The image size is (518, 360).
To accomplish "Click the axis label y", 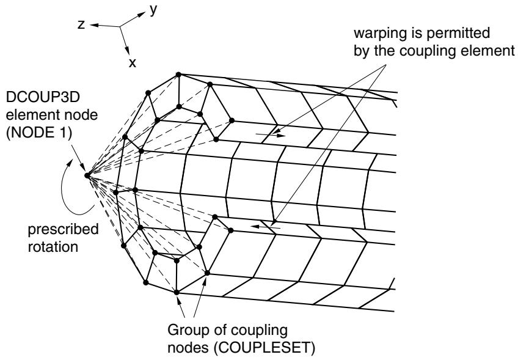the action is click(153, 10).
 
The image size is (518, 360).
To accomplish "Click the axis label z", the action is click(81, 24).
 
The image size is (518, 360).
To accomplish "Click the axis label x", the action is click(132, 62).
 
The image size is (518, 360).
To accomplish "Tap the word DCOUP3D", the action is click(43, 97).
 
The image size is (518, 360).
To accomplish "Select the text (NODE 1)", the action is click(39, 133).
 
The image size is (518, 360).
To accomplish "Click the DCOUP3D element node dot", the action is click(87, 175).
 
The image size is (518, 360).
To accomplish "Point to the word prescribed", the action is click(63, 229).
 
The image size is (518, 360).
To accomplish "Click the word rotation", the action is click(53, 247).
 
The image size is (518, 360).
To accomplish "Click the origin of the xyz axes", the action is click(120, 26).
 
